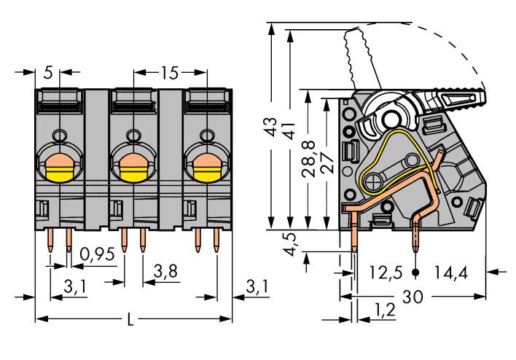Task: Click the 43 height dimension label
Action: coord(271,127)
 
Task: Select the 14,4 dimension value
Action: coord(452,273)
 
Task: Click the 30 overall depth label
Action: coord(414,297)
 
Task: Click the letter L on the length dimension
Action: coord(130,319)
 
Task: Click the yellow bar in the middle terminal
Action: coord(133,173)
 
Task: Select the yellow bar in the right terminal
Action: coord(207,173)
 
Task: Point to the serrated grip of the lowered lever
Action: coord(458,97)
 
